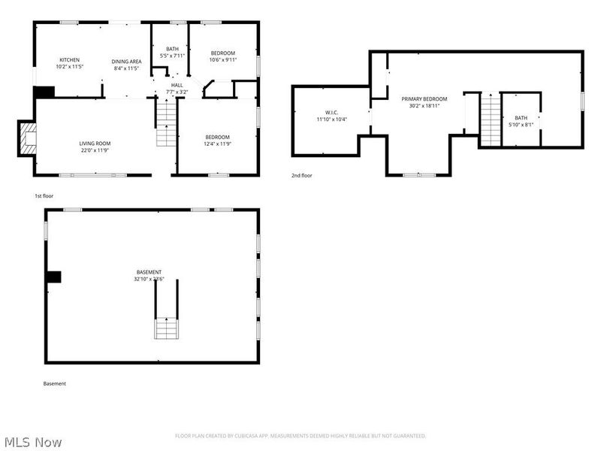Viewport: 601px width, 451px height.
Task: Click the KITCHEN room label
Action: click(x=70, y=60)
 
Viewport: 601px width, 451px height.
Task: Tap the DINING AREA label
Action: click(x=126, y=61)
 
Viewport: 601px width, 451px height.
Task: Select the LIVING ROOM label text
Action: click(x=95, y=144)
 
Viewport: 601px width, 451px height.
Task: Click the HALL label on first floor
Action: click(x=177, y=86)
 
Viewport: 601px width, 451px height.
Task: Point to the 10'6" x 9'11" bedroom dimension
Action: click(x=222, y=60)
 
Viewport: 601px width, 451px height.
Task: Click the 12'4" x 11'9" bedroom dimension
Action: click(x=217, y=144)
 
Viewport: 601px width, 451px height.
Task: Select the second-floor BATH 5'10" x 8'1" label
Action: click(x=521, y=121)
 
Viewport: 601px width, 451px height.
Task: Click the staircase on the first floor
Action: click(x=165, y=123)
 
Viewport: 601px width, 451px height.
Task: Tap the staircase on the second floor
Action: click(x=489, y=120)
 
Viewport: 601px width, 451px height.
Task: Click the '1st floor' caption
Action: click(x=44, y=195)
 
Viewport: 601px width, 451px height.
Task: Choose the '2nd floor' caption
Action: click(x=301, y=175)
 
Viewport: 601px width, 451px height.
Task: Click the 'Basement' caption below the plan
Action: click(x=54, y=383)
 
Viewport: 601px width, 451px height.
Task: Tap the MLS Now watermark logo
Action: click(x=33, y=442)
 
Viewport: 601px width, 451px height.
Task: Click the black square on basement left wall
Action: click(x=53, y=277)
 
